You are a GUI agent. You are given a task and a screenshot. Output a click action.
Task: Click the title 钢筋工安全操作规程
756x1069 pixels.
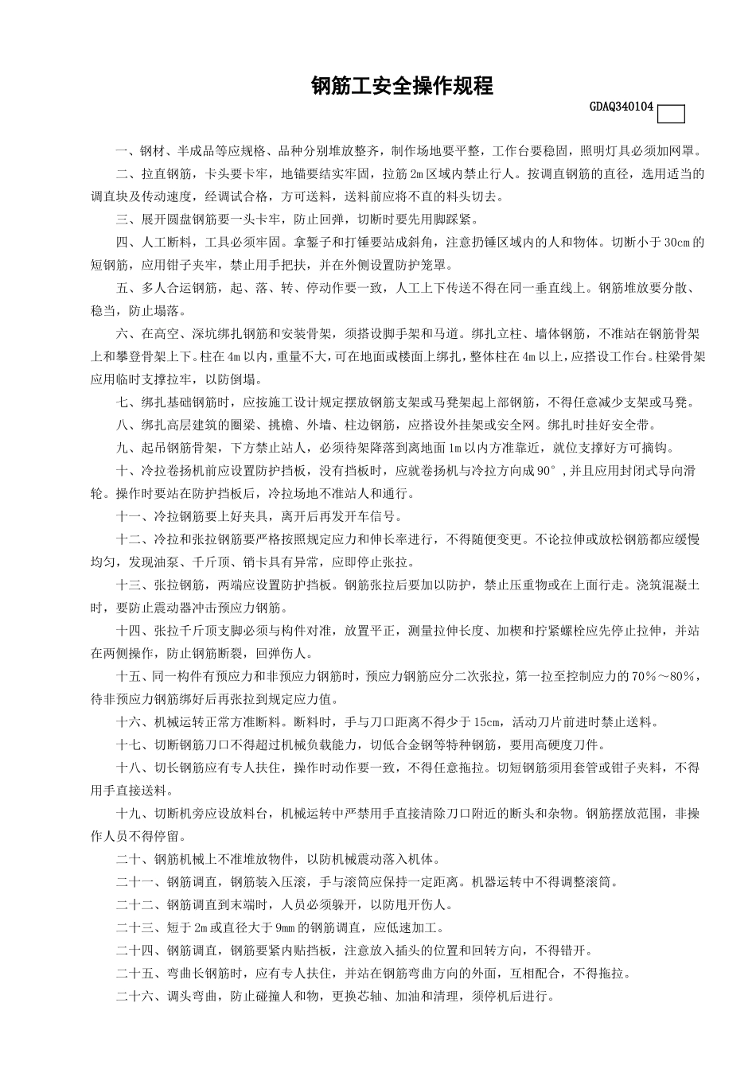coord(402,86)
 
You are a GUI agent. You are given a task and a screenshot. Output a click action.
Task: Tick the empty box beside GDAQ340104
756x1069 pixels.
coord(671,115)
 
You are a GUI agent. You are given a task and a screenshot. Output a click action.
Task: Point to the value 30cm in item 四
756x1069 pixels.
coord(678,243)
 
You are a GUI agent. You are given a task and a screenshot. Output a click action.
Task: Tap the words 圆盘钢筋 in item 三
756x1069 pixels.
coord(214,220)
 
